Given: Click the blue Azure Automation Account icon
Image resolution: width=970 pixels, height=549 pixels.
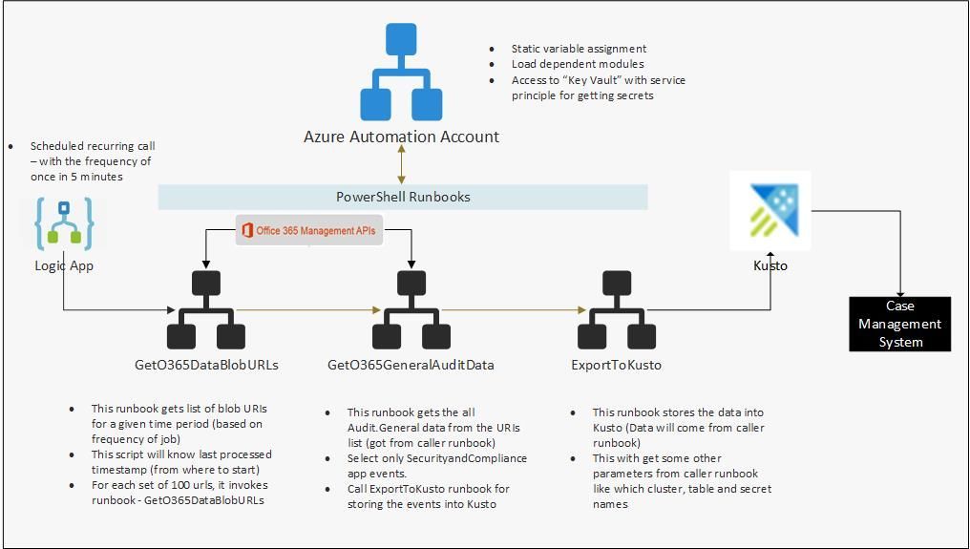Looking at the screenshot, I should pos(401,72).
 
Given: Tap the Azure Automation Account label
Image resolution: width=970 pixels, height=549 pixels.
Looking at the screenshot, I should pos(401,137).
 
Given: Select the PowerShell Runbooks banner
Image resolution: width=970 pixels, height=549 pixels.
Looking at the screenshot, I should pos(403,197).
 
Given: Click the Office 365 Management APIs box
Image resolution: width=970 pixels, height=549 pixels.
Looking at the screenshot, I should pos(309,230).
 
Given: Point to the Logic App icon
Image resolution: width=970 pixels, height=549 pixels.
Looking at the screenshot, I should pos(64,223).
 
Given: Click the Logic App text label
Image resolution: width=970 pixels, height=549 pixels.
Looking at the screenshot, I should pos(64,265).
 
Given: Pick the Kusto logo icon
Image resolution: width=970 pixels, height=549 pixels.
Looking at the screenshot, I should pos(770,211).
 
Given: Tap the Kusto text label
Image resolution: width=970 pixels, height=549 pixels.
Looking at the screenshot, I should pos(770,265).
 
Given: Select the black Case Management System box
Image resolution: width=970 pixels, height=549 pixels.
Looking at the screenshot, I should pos(899,324).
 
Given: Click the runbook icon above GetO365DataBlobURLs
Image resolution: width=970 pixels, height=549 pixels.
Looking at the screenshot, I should pos(206,310).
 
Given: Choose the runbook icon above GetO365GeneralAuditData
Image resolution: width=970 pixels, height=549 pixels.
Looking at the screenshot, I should pos(411,310).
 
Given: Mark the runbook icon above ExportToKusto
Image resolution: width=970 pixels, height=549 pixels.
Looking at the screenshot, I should pos(617,310).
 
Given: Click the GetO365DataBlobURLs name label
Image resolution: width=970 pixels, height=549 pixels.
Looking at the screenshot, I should pos(206,365).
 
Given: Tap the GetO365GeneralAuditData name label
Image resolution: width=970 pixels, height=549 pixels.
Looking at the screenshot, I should pos(411,365).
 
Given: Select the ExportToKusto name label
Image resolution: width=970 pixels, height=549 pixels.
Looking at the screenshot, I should pos(616,365).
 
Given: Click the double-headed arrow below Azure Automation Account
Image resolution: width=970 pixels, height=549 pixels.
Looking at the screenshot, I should pos(402,164).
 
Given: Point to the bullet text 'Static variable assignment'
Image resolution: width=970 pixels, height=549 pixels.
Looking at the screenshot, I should pos(579,49).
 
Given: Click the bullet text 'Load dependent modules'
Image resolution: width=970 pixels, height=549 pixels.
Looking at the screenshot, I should pos(577,64).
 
